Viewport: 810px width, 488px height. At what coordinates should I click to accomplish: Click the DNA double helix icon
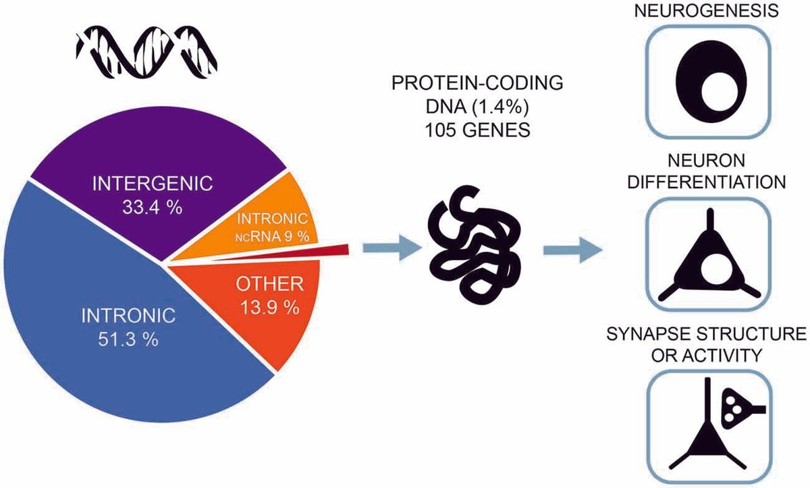tap(146, 52)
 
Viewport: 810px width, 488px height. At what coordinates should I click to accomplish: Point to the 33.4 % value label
tap(153, 207)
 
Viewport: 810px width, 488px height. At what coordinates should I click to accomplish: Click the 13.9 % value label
tap(270, 308)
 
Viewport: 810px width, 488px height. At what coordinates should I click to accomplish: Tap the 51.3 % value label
tap(128, 340)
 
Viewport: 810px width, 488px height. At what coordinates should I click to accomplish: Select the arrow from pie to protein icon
tap(392, 248)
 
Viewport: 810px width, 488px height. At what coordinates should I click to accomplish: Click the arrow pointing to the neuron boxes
tap(573, 250)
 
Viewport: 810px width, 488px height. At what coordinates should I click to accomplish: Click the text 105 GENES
tap(477, 130)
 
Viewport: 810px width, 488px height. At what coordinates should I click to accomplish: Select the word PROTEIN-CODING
tap(477, 83)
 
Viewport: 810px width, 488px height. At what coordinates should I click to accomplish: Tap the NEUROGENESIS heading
tap(707, 10)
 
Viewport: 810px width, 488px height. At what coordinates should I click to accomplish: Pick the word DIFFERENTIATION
tap(707, 182)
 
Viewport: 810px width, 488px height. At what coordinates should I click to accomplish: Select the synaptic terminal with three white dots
tap(735, 409)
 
